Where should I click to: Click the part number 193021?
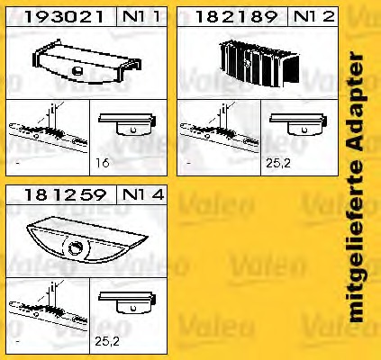click(64, 17)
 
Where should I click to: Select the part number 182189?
click(236, 17)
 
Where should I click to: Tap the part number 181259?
click(65, 195)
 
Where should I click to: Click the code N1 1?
click(141, 16)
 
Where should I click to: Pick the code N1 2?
click(313, 16)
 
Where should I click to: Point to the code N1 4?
click(143, 194)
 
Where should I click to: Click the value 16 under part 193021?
click(102, 163)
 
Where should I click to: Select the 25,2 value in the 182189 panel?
click(278, 163)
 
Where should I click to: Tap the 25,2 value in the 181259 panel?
click(107, 341)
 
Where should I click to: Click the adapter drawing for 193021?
click(86, 61)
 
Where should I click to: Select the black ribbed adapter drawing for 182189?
click(259, 64)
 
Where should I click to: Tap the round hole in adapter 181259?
click(76, 248)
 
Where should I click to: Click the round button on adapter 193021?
click(77, 71)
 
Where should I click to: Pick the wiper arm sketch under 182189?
click(218, 129)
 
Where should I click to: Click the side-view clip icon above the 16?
click(127, 124)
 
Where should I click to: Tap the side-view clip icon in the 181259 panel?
click(127, 302)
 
